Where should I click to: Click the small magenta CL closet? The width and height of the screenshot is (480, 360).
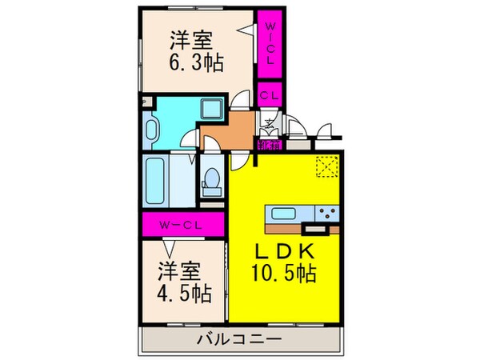click(x=269, y=94)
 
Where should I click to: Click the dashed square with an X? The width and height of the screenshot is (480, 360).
click(x=327, y=166)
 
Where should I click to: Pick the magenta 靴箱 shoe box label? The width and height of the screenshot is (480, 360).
click(x=269, y=146)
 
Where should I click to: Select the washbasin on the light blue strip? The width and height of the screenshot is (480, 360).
click(x=152, y=126)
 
